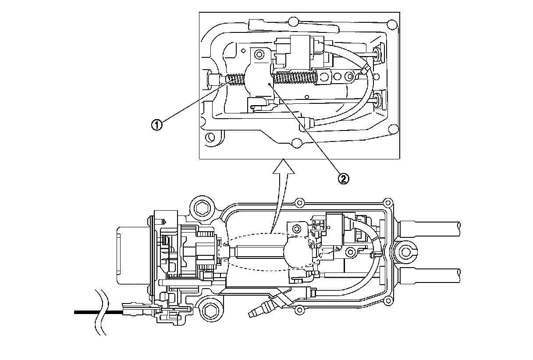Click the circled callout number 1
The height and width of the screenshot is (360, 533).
coord(156,124)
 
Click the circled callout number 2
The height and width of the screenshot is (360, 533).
coord(343,178)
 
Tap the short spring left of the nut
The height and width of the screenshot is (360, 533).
coord(237,80)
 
